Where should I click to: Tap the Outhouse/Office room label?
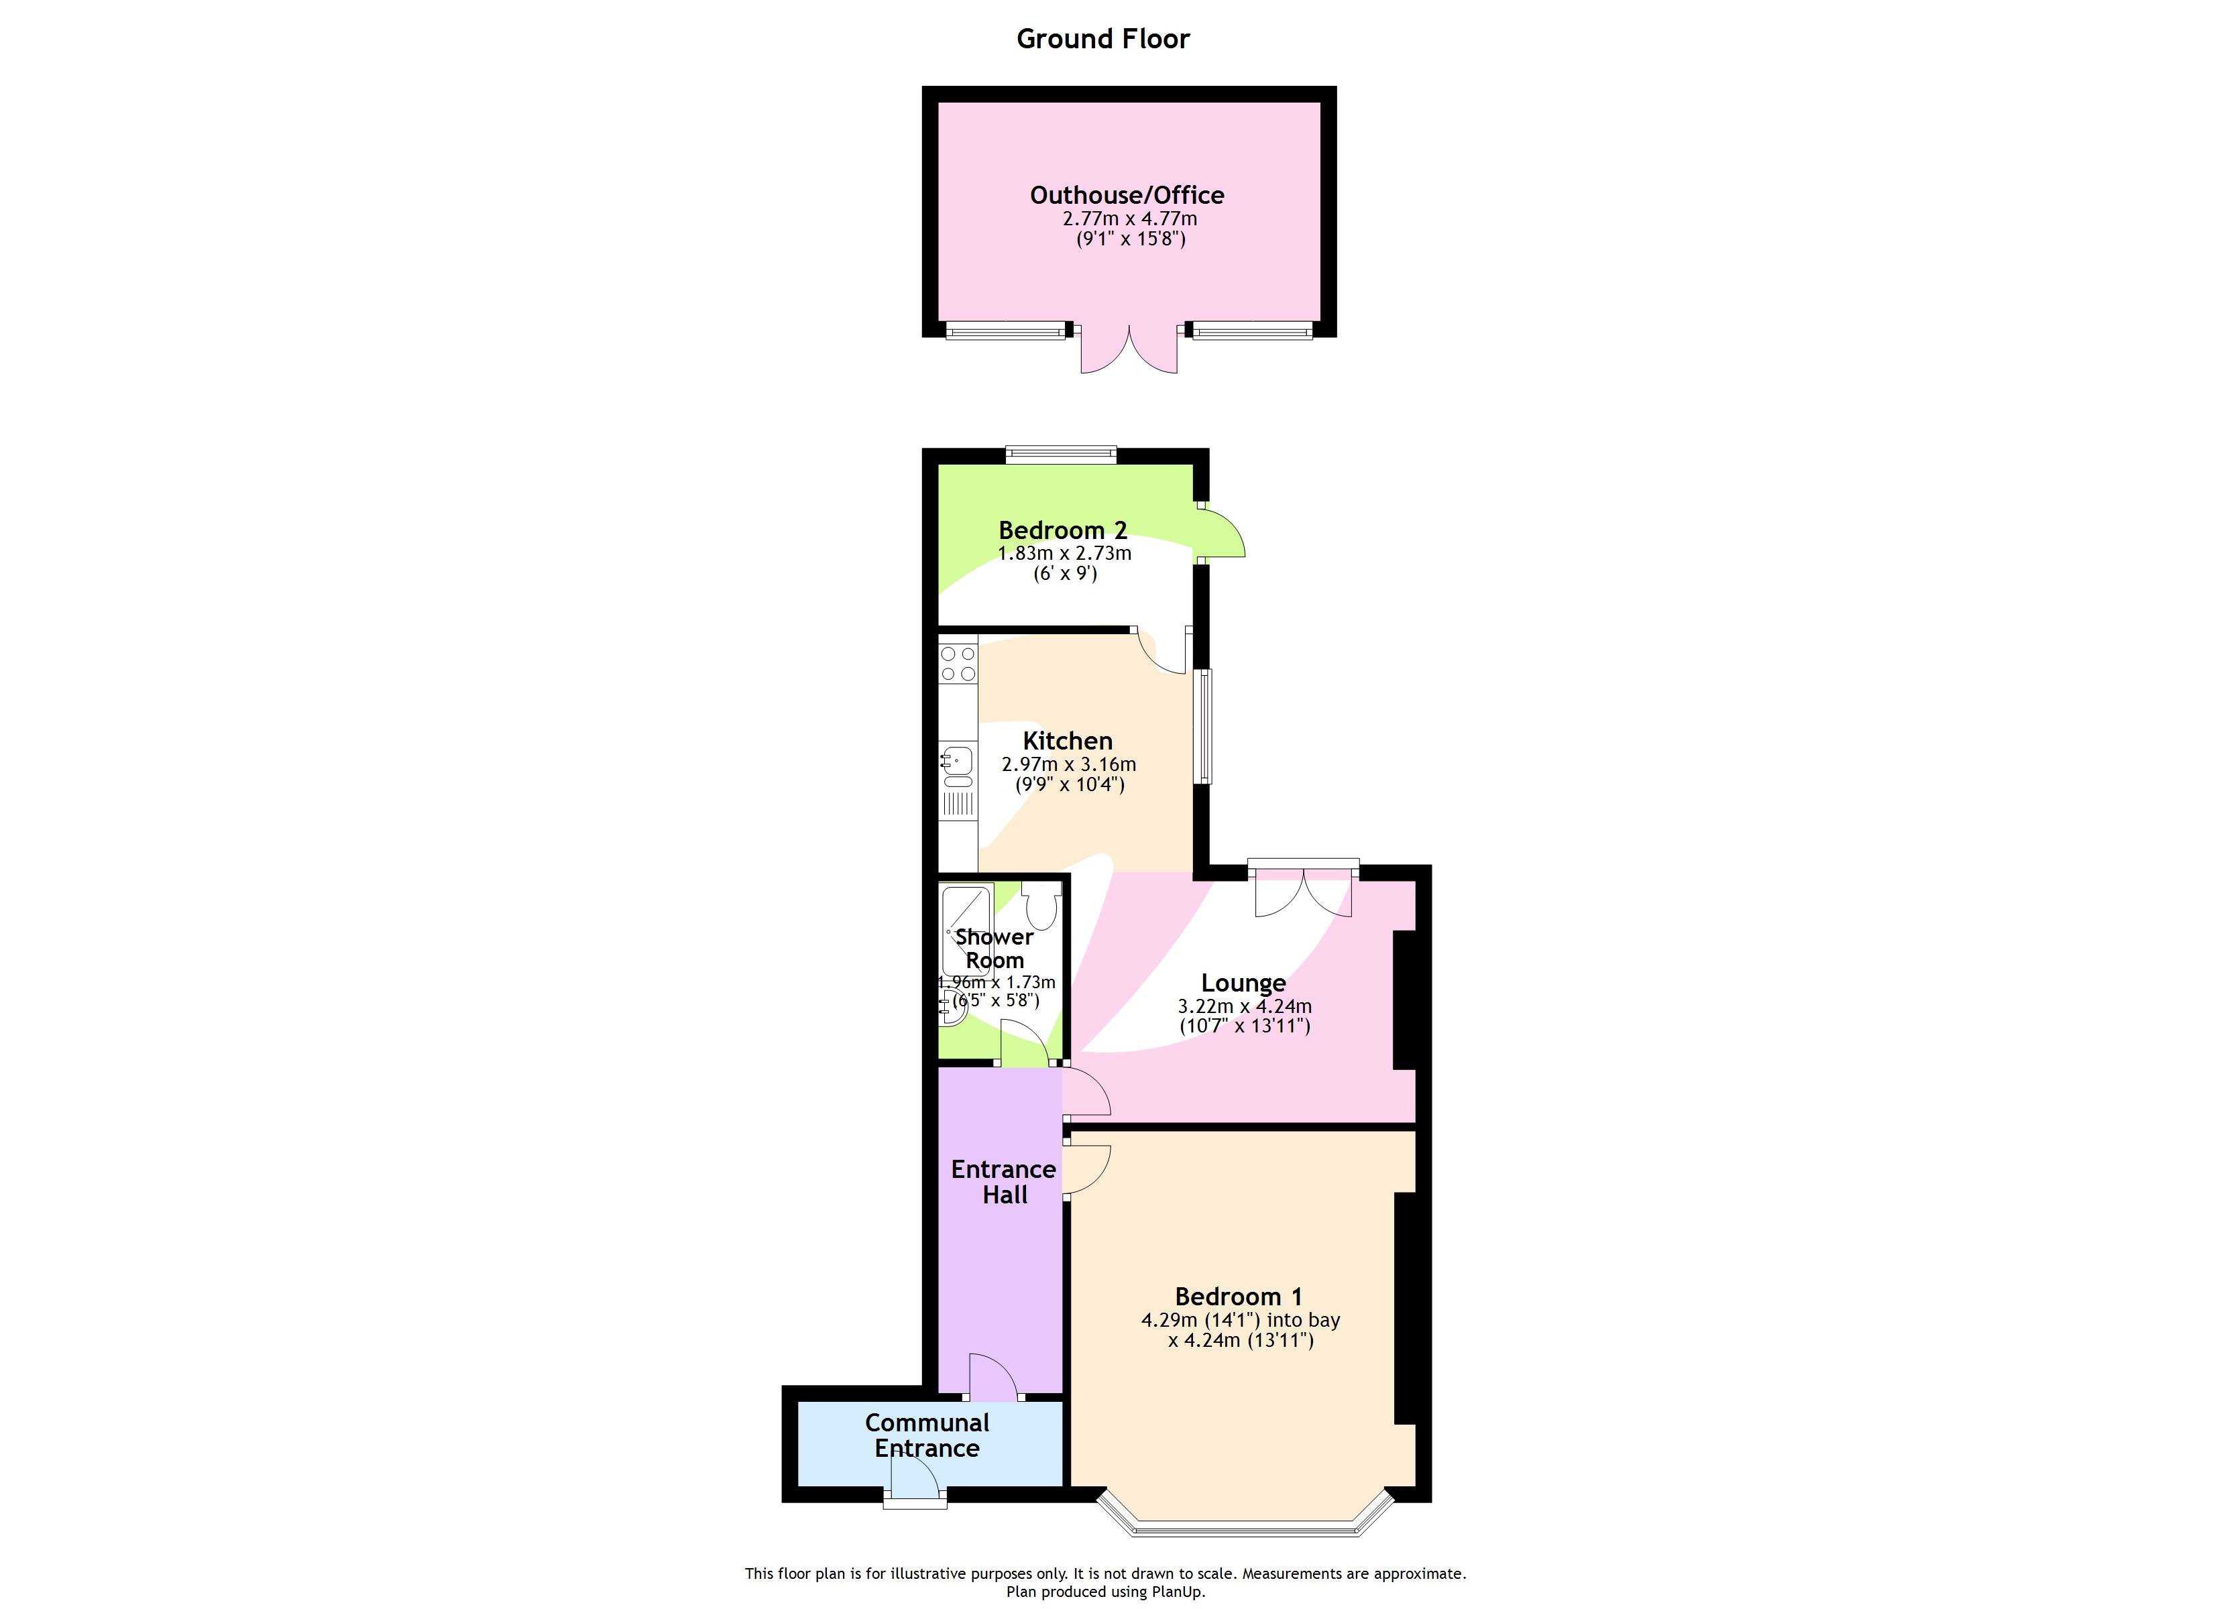(x=1127, y=195)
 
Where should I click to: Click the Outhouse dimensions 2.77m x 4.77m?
(x=1129, y=219)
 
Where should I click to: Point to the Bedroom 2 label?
(x=1063, y=530)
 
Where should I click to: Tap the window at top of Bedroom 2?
(x=1061, y=453)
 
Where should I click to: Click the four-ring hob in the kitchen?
(x=958, y=664)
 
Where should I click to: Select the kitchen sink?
(x=957, y=759)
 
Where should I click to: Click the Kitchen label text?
(x=1068, y=741)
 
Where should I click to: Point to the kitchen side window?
(x=1205, y=726)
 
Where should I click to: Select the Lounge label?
(x=1243, y=983)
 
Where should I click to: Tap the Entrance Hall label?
(x=1003, y=1182)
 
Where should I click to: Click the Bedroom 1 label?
(x=1238, y=1297)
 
